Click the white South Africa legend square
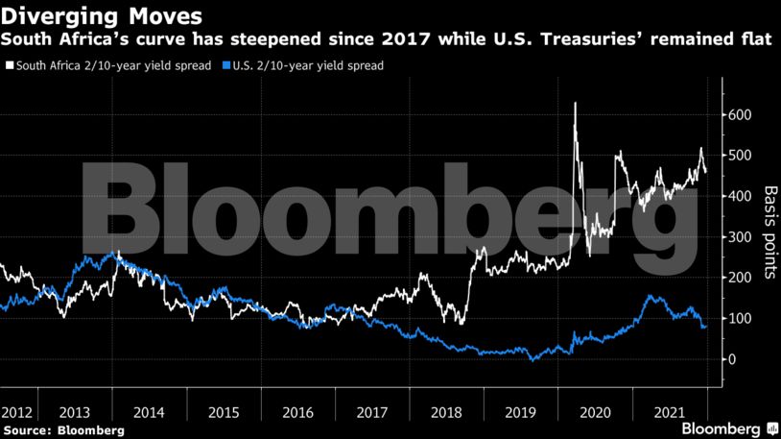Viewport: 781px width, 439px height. (x=10, y=66)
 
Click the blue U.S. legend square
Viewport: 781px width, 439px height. (x=225, y=66)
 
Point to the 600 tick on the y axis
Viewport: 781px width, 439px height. (x=739, y=115)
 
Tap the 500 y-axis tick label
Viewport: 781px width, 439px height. (x=739, y=156)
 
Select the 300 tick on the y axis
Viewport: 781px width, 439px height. (x=739, y=237)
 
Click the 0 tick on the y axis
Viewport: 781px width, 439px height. (x=731, y=359)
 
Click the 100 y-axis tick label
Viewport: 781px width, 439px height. (x=739, y=319)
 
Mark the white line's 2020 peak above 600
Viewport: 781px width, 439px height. (x=575, y=103)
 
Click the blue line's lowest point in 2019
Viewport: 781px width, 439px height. (x=531, y=360)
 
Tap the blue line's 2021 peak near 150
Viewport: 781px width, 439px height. (x=651, y=297)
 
